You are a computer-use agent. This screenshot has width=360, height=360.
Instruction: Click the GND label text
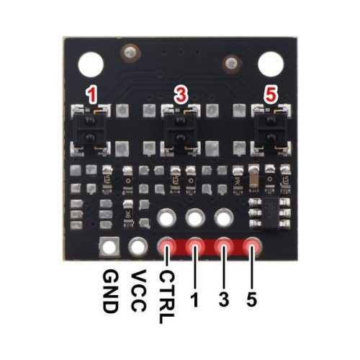coord(111,292)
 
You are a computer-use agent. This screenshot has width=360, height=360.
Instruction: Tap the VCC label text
coord(139,290)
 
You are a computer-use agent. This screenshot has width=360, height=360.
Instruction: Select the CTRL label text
coord(166,297)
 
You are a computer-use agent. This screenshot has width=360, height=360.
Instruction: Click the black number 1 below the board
coord(195,300)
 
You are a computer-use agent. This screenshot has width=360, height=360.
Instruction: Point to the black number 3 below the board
coord(224,300)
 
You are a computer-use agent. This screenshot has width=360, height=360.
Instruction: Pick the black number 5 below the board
coord(251,300)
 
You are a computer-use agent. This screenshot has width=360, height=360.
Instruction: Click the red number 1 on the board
coord(91,96)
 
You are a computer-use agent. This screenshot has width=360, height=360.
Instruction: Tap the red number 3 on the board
coord(181,94)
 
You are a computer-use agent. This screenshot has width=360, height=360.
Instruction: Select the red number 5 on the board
coord(271,94)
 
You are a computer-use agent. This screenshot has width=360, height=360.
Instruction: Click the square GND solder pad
coord(109,247)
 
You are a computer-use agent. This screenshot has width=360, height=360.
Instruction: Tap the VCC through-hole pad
coord(138,246)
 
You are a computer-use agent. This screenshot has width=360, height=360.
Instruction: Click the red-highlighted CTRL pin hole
coord(166,246)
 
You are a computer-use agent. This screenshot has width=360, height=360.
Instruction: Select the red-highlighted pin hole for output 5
coord(252,246)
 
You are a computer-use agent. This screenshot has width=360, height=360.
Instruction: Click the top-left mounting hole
coord(91,65)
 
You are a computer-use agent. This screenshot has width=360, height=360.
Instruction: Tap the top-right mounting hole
coord(271,64)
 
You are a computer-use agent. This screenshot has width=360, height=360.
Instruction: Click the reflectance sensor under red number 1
coord(90,130)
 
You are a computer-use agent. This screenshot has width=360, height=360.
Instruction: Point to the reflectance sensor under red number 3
coord(180,130)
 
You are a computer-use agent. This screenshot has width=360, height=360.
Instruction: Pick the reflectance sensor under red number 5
coord(271,130)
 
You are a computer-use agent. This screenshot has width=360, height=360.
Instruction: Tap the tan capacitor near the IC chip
coord(254,179)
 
